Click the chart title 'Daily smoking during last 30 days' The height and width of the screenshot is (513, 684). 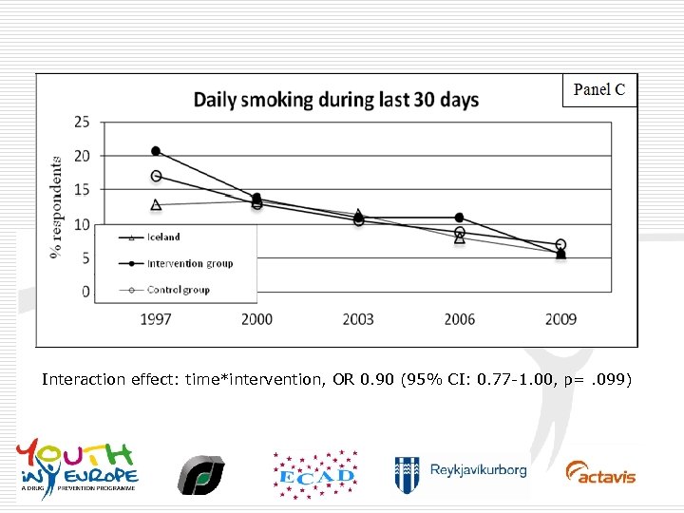pyautogui.click(x=336, y=100)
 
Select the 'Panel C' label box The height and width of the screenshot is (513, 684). pyautogui.click(x=599, y=90)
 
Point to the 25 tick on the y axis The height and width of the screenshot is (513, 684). pyautogui.click(x=82, y=122)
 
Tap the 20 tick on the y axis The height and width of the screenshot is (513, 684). pyautogui.click(x=82, y=156)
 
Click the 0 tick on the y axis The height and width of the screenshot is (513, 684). pyautogui.click(x=85, y=292)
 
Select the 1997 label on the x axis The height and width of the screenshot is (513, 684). pyautogui.click(x=156, y=319)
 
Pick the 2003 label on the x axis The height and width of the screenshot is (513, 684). pyautogui.click(x=358, y=319)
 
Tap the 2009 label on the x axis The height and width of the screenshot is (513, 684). pyautogui.click(x=560, y=319)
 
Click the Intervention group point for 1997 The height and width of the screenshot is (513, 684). pyautogui.click(x=156, y=151)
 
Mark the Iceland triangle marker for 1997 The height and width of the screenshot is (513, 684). pyautogui.click(x=156, y=204)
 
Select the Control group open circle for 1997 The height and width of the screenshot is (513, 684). pyautogui.click(x=156, y=176)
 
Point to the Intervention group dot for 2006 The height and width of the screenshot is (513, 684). pyautogui.click(x=460, y=218)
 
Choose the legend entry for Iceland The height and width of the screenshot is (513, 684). pyautogui.click(x=163, y=237)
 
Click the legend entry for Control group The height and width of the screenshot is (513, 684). pyautogui.click(x=178, y=290)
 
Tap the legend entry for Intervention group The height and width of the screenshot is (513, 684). pyautogui.click(x=189, y=263)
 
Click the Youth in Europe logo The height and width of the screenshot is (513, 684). pyautogui.click(x=77, y=465)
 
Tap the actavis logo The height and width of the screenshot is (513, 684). pyautogui.click(x=600, y=472)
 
